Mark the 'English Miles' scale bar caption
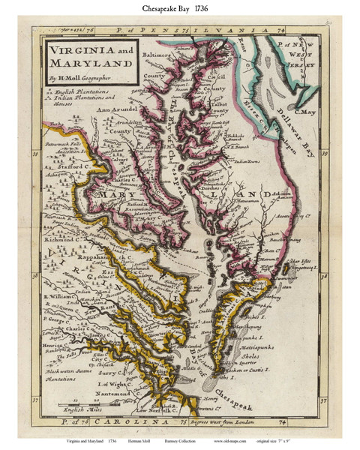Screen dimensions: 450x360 pos(82,411)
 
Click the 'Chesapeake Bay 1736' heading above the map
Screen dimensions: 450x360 pos(179,10)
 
